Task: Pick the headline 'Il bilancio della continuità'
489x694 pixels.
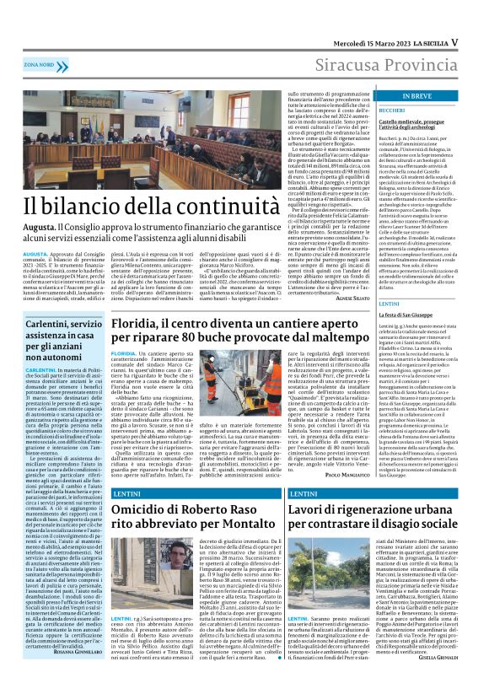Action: coord(132,207)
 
